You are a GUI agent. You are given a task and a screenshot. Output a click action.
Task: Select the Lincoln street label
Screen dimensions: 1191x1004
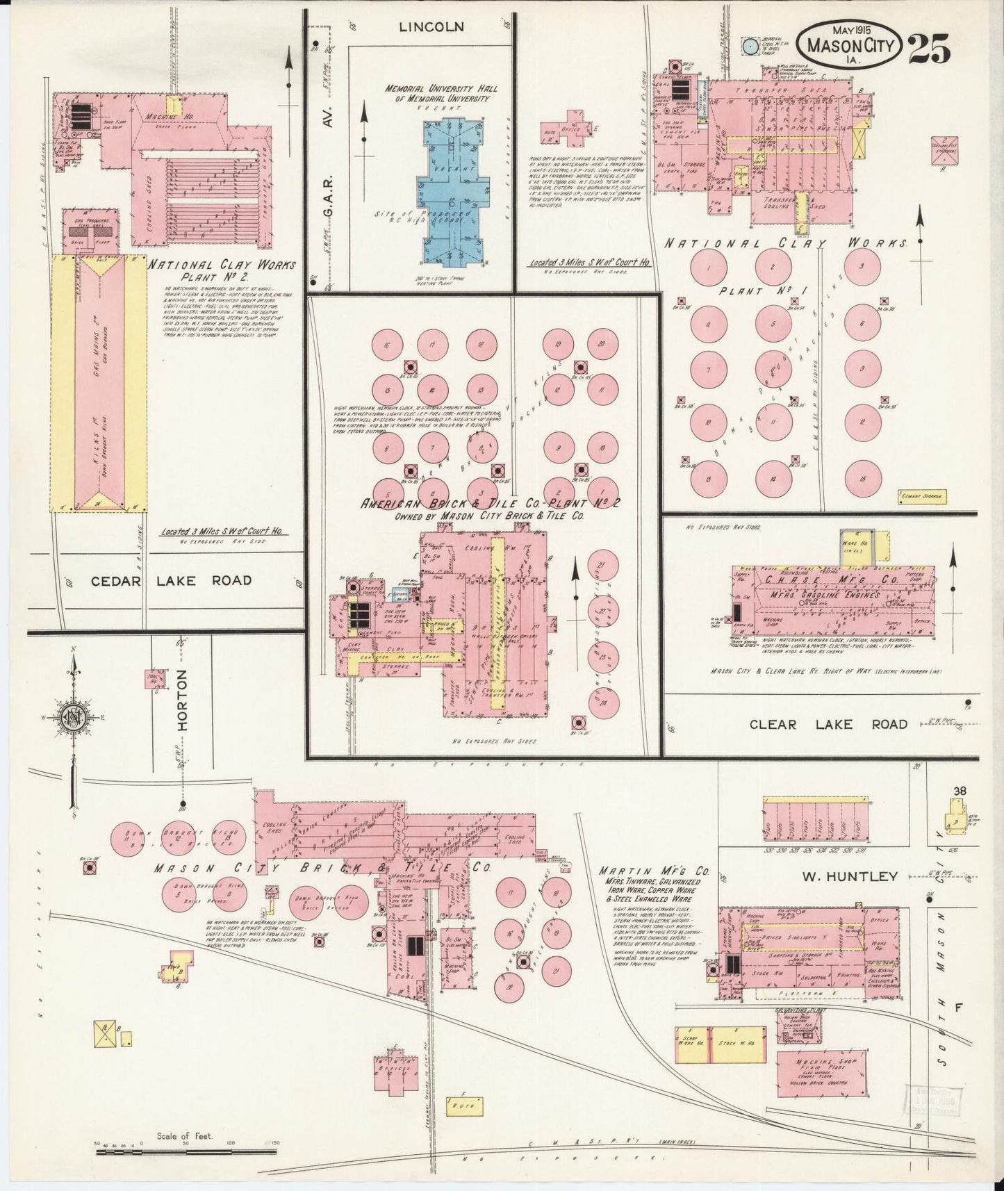(x=431, y=27)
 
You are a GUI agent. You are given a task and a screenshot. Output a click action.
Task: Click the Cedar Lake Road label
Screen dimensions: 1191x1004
(x=172, y=580)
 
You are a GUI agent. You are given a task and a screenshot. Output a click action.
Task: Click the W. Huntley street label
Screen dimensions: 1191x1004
(x=850, y=876)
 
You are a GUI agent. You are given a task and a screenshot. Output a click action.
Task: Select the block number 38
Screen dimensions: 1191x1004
(x=961, y=791)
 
